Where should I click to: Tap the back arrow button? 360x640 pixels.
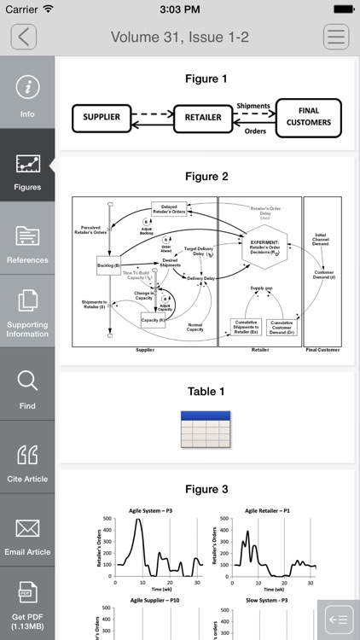[24, 37]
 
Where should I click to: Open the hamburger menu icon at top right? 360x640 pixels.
[336, 37]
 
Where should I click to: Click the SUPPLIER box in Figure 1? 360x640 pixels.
[102, 117]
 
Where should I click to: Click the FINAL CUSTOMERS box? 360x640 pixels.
[308, 117]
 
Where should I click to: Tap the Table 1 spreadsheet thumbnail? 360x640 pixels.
[206, 429]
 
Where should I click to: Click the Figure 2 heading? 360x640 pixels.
[206, 177]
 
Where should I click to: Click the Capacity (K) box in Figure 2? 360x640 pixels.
[154, 320]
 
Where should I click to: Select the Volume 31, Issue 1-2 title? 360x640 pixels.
[180, 37]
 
